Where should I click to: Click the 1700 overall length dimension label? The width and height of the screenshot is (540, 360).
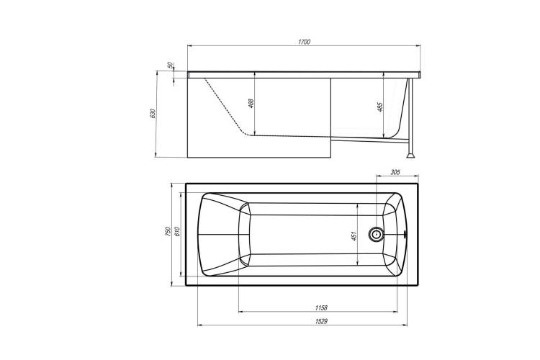[x=304, y=42]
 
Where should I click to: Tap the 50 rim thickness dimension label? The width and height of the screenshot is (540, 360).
[x=169, y=65]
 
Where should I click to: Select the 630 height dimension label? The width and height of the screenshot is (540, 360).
[x=153, y=113]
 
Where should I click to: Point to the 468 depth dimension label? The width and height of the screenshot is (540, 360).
[x=251, y=104]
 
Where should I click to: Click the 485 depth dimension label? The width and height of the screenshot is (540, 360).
[x=380, y=107]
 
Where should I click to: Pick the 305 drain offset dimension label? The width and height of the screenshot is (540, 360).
[x=395, y=172]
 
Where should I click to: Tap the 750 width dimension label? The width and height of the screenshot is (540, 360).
[x=168, y=231]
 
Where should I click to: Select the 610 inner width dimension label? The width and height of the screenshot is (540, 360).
[x=177, y=231]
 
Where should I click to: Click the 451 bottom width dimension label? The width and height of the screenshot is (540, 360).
[x=354, y=235]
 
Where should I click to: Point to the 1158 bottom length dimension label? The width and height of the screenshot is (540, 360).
[x=321, y=307]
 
